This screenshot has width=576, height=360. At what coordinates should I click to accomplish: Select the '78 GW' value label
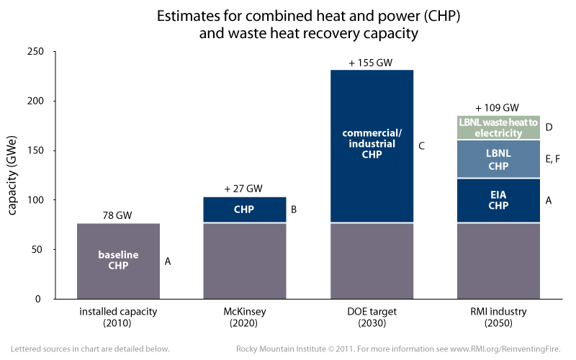coord(118,215)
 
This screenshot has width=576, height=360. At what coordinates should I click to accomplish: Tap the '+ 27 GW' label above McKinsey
coord(243,189)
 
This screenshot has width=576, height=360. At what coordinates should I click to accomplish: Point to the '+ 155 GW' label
coord(371,63)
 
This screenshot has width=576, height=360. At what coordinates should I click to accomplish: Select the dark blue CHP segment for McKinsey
coord(244,210)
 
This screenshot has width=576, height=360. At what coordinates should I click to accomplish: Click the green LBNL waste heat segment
coord(498,128)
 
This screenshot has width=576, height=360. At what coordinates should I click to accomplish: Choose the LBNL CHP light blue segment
coord(498,160)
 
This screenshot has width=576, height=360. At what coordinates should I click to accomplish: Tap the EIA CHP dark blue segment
coord(498,200)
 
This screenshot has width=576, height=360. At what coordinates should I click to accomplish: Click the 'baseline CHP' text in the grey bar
coord(118,261)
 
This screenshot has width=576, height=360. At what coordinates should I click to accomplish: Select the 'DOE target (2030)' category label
coord(372,318)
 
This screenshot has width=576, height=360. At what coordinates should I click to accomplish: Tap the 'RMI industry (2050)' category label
coord(498,318)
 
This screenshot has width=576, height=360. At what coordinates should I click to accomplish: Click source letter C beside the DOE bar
coord(422,147)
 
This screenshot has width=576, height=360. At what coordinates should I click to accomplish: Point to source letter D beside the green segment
coord(549,127)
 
